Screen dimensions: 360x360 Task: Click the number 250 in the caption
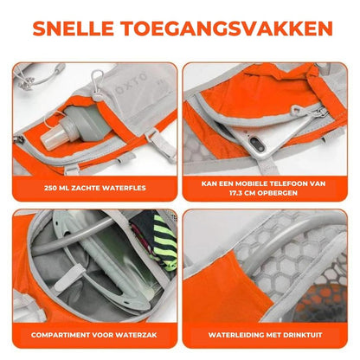tap(56, 186)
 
